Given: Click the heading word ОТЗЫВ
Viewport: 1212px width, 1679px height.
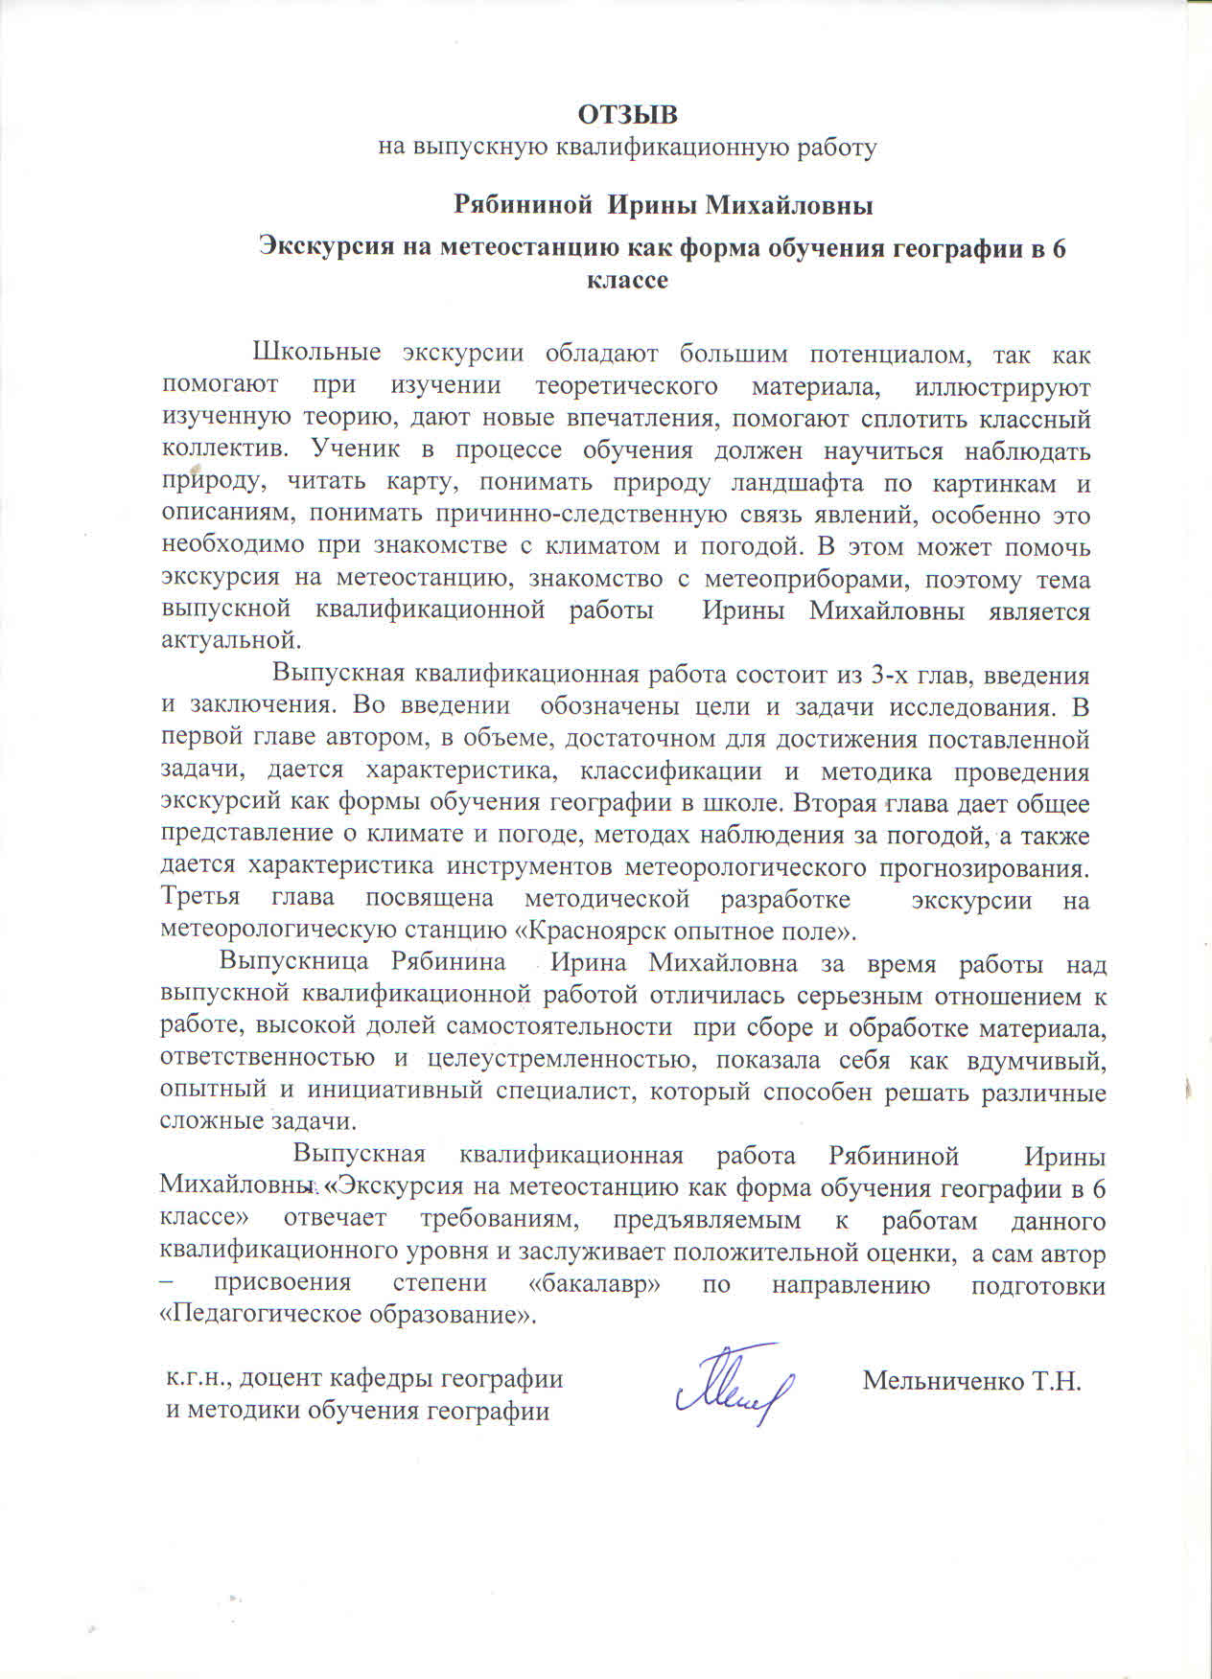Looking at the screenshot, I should tap(627, 115).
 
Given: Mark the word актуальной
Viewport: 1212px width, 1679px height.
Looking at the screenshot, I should tap(231, 638).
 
